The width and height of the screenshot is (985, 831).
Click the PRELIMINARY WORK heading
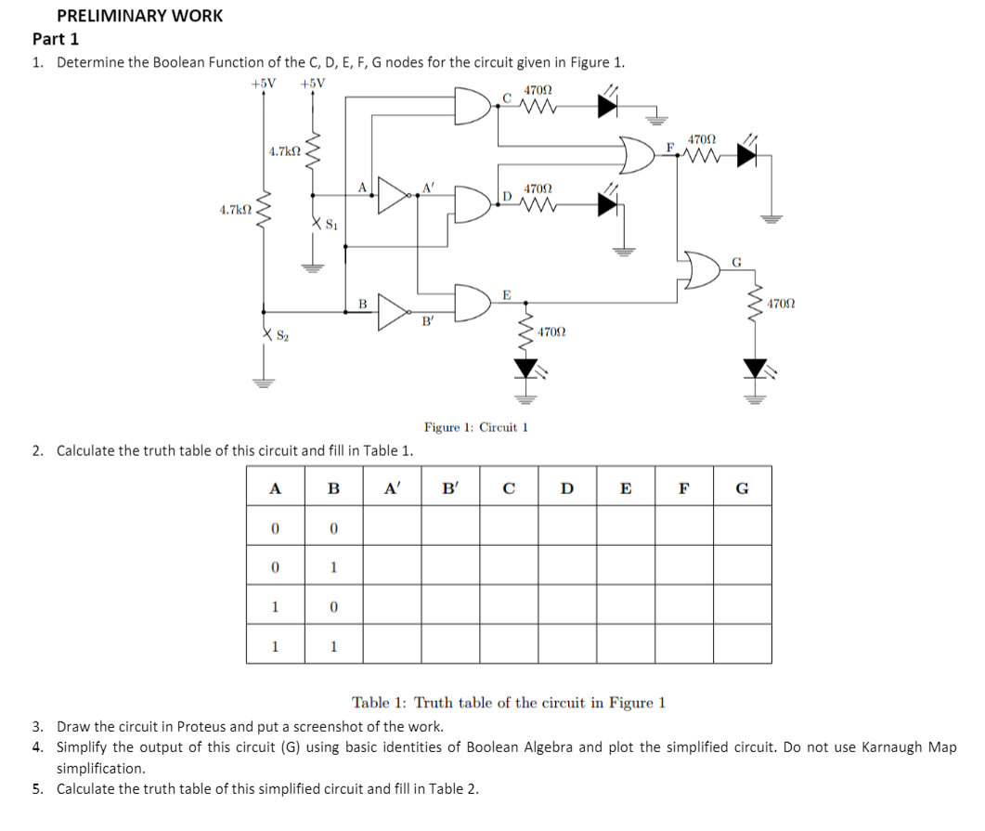pos(139,16)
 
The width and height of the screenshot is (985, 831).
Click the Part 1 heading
pos(56,39)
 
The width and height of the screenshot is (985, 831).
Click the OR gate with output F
pos(642,155)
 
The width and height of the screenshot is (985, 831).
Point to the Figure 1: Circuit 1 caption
pos(475,427)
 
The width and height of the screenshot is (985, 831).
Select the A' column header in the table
pos(392,489)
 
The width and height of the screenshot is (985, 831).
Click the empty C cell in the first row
pos(509,526)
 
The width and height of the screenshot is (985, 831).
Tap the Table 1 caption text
pos(508,702)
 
